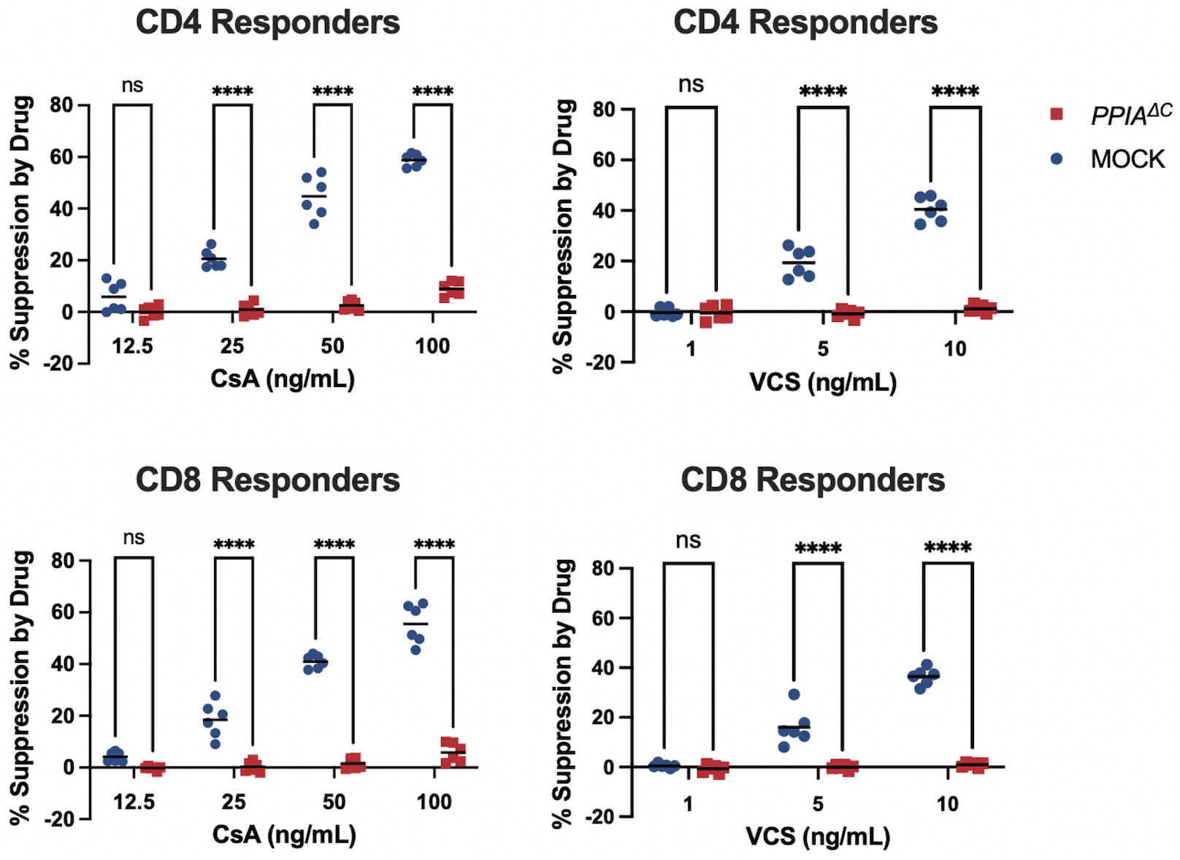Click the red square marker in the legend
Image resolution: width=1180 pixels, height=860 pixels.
(1056, 114)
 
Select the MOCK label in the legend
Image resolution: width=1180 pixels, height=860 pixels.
(1127, 159)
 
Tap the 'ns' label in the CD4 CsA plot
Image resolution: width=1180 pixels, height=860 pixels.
(132, 85)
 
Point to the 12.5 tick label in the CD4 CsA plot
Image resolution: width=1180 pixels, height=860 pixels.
(132, 346)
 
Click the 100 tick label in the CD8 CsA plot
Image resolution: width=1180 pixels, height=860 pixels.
(434, 802)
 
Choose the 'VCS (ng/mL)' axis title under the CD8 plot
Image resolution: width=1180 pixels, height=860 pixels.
(818, 837)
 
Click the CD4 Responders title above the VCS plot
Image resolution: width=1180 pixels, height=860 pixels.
(805, 23)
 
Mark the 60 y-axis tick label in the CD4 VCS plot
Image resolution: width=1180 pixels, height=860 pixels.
(604, 160)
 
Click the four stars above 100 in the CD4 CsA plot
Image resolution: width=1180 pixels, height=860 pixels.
(433, 92)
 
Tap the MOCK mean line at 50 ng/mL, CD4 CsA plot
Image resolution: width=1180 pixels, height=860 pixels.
(314, 196)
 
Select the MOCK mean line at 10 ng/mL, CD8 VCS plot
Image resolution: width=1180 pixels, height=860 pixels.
(924, 677)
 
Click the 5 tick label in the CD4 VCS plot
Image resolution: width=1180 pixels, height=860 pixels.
(823, 349)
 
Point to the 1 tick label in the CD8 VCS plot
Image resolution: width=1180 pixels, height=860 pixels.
(688, 804)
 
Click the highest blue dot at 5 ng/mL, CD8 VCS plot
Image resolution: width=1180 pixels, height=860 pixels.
(794, 694)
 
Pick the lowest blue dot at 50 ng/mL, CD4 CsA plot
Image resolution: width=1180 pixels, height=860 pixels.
(314, 223)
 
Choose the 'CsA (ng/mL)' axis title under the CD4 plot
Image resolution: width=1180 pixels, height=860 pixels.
(283, 379)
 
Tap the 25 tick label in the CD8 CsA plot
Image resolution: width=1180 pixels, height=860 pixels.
(234, 802)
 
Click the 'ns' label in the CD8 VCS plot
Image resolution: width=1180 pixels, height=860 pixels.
(688, 541)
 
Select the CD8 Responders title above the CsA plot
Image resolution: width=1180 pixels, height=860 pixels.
(267, 480)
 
